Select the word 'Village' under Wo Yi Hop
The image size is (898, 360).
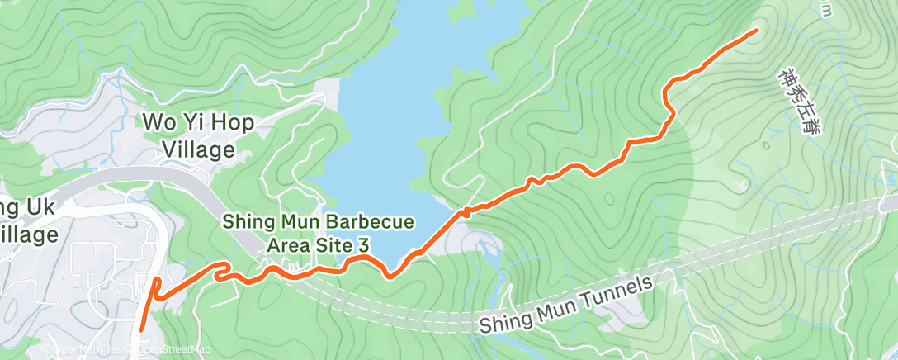point(198,149)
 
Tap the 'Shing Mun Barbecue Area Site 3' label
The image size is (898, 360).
point(318,234)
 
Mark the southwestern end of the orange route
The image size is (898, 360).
point(141,328)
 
